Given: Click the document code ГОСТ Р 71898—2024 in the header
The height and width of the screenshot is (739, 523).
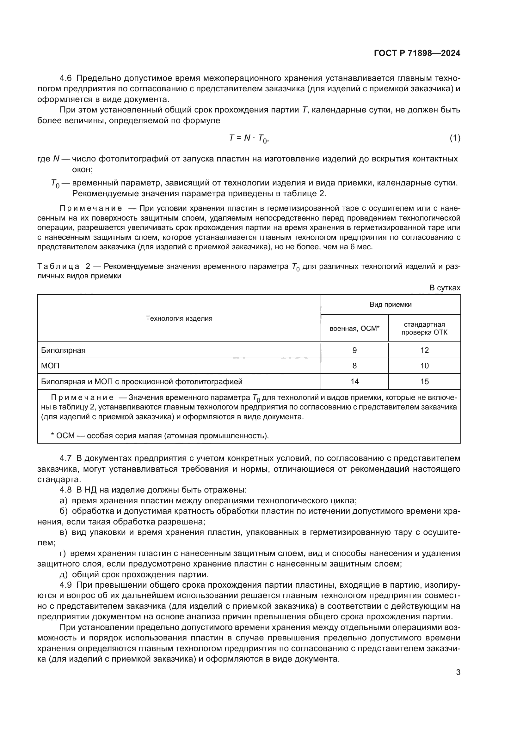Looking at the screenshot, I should [x=417, y=53].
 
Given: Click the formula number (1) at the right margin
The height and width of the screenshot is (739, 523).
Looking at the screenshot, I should [x=455, y=138].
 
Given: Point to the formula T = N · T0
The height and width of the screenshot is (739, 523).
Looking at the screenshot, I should [x=248, y=138].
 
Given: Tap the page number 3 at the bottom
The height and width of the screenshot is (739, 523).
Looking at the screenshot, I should [x=458, y=672].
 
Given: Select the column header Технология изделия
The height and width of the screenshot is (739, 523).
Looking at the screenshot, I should [x=179, y=318].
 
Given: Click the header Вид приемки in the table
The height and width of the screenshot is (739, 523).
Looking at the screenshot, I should [x=390, y=305].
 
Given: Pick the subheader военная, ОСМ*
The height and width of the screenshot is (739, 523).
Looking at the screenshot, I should [x=354, y=328].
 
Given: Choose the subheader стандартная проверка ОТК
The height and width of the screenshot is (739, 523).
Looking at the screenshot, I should [x=424, y=328].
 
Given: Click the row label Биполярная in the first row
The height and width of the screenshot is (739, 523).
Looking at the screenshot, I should [x=64, y=350].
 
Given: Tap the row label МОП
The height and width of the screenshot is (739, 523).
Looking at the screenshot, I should [x=50, y=366].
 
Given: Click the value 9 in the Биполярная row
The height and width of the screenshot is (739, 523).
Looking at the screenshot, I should [x=354, y=350].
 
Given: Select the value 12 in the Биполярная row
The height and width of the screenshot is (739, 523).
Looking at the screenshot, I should [x=424, y=350].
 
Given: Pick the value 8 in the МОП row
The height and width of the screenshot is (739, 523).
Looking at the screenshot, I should [x=354, y=366].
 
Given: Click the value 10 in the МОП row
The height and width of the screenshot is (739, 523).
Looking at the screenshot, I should [x=424, y=366].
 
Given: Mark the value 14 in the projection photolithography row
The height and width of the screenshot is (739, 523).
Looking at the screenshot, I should [x=354, y=381].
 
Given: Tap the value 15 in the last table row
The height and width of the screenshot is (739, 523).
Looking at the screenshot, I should [x=424, y=381].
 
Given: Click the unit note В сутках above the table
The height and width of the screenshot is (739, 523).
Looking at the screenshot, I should [x=445, y=288].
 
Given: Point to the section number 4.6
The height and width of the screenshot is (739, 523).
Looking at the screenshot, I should [x=66, y=78].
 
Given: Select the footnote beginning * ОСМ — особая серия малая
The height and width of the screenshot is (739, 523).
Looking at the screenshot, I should [x=160, y=435].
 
